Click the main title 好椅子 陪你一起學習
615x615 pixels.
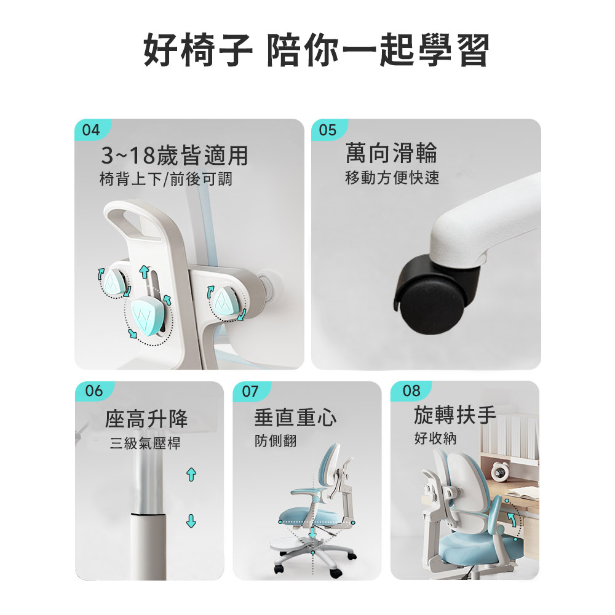316,50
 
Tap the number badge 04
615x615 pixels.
91,130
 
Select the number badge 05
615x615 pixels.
328,130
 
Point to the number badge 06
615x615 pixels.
93,391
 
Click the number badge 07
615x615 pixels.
250,391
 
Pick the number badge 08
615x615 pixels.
411,391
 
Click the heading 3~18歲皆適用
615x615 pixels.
175,156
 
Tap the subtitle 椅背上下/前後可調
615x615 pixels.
166,179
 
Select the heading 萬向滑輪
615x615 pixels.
391,153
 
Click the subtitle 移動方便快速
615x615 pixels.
392,178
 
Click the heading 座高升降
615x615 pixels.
146,419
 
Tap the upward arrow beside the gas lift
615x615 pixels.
191,475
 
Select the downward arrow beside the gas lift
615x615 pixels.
191,522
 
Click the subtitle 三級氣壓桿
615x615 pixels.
145,443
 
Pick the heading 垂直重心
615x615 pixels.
295,417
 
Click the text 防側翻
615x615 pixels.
276,441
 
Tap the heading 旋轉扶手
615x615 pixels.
455,415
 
